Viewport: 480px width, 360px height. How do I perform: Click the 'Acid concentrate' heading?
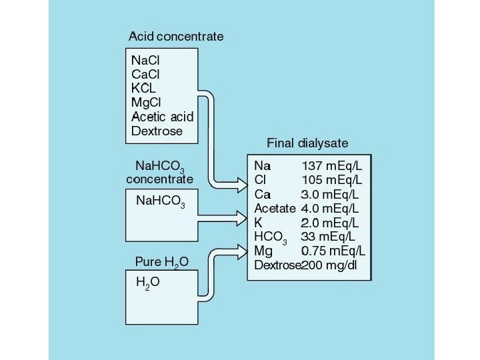[x=176, y=36]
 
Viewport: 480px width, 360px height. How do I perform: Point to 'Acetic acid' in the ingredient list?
[x=162, y=117]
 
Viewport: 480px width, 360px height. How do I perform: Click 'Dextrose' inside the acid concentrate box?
[x=157, y=131]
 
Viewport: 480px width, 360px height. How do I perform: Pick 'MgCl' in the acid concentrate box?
[x=147, y=103]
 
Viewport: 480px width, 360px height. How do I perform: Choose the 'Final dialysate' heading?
[x=307, y=143]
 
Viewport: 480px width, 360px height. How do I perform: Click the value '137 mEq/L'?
[x=332, y=165]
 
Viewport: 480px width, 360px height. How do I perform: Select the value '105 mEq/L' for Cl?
[x=332, y=179]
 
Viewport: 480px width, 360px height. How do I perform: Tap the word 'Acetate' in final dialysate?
[x=275, y=208]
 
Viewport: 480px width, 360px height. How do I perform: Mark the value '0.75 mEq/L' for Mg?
[x=333, y=251]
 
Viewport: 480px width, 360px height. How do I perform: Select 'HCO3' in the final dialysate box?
[x=271, y=237]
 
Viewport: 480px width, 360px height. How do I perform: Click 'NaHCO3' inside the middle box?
[x=160, y=201]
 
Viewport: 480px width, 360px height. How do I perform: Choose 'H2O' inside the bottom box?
[x=147, y=283]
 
